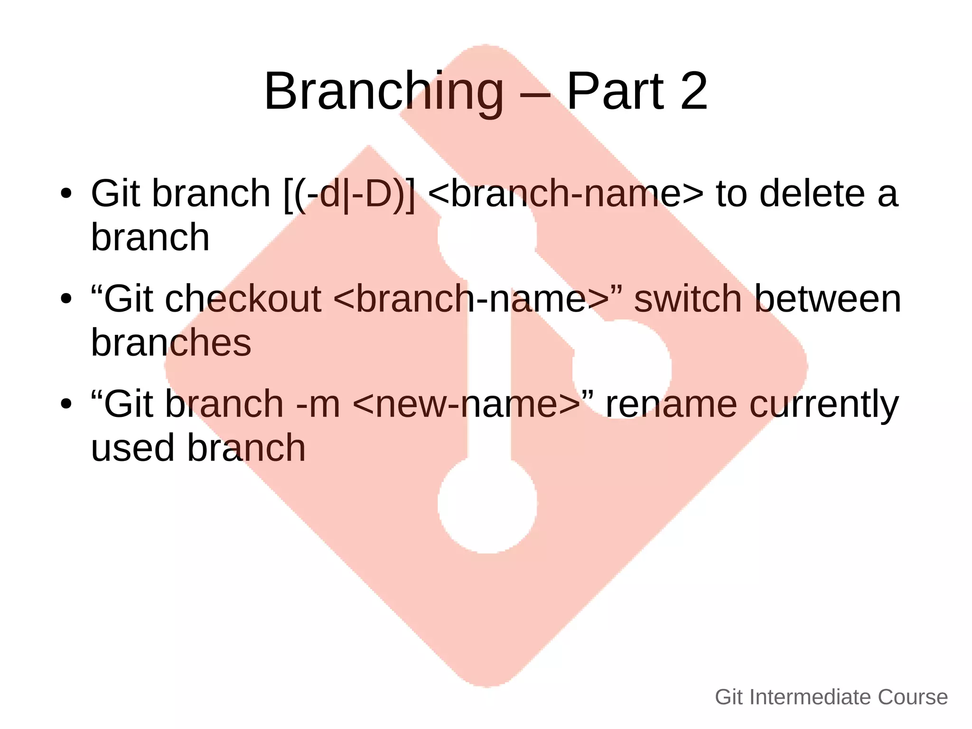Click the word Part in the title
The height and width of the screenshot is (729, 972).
tap(616, 91)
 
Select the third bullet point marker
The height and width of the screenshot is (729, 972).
tap(66, 404)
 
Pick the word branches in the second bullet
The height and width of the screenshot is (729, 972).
tap(171, 342)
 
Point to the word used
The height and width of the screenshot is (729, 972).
tap(132, 448)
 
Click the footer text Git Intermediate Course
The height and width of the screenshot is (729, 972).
tap(831, 697)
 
